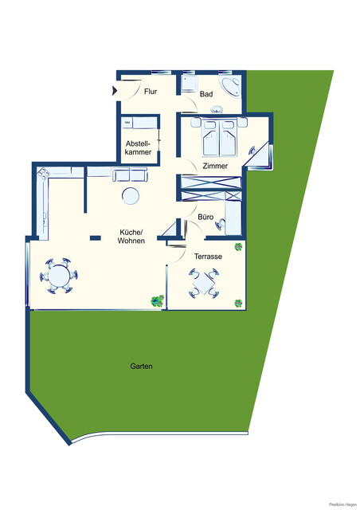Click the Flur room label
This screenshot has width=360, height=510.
pos(151,91)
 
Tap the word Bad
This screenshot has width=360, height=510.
pos(206,94)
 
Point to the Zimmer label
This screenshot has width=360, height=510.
pos(215,167)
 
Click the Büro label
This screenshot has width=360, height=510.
pos(205,216)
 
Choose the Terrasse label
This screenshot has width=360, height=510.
pos(207,257)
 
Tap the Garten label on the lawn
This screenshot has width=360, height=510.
pos(141,367)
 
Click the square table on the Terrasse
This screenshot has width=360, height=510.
pos(205,283)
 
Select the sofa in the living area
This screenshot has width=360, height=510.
pos(130,175)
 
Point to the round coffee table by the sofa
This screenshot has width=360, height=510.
pos(129,196)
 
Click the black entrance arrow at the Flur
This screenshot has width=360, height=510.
pos(117,88)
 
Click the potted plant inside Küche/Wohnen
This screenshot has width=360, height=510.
pos(157,300)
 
